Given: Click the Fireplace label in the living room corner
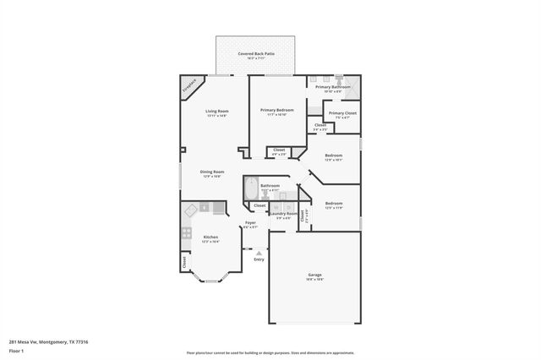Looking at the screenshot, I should pyautogui.click(x=191, y=86).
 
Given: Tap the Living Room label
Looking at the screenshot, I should pyautogui.click(x=217, y=113).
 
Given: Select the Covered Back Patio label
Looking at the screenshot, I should pyautogui.click(x=255, y=56).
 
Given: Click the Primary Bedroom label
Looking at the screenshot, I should pyautogui.click(x=276, y=112).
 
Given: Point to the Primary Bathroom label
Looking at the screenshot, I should pyautogui.click(x=333, y=88).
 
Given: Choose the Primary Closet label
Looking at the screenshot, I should pyautogui.click(x=342, y=115).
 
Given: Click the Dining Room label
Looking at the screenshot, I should pyautogui.click(x=211, y=173).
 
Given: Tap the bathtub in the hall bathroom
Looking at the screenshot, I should pyautogui.click(x=250, y=187).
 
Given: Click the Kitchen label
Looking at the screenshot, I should pyautogui.click(x=210, y=238).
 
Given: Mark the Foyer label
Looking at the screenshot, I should pyautogui.click(x=250, y=224).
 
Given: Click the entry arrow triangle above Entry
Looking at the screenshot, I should pyautogui.click(x=259, y=252).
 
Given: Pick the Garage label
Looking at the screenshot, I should pyautogui.click(x=314, y=276).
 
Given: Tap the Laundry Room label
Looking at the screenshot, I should pyautogui.click(x=283, y=215).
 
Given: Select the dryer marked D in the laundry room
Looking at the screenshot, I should pyautogui.click(x=289, y=206).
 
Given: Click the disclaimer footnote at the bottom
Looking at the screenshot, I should pyautogui.click(x=270, y=353).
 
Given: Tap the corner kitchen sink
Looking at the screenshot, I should pyautogui.click(x=192, y=209).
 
